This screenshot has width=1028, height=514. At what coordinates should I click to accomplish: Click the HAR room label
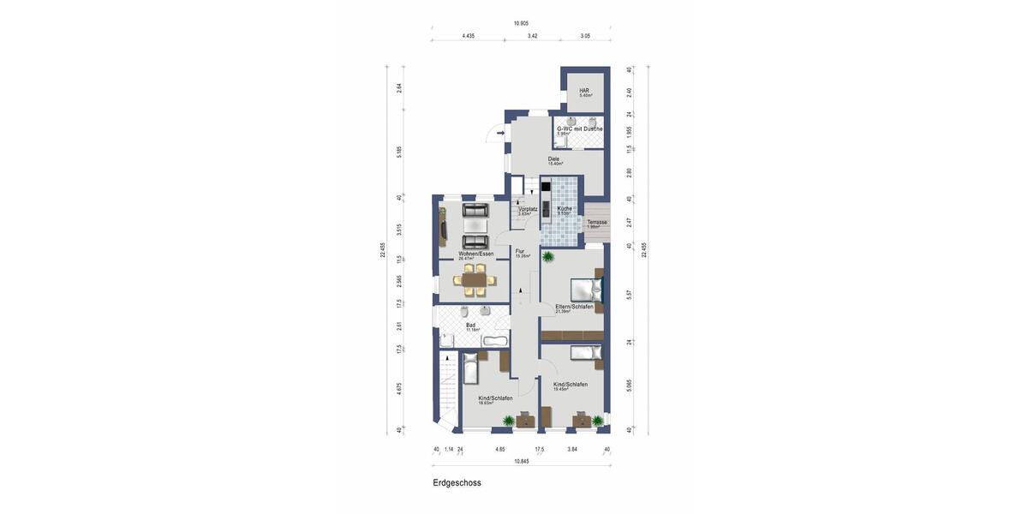(584, 90)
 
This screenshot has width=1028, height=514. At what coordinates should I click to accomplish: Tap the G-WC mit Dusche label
(580, 128)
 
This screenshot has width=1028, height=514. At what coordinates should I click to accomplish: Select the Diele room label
(553, 158)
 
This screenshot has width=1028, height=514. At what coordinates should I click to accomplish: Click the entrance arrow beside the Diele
(500, 133)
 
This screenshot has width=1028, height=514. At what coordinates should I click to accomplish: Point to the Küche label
(565, 208)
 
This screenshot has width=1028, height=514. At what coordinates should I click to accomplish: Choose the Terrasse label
(597, 222)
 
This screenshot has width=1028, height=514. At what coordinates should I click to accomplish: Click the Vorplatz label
(528, 208)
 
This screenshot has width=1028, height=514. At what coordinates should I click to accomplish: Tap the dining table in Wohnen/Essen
(474, 278)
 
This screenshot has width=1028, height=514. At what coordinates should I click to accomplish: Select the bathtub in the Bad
(494, 341)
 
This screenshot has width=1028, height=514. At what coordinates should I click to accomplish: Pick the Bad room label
(470, 325)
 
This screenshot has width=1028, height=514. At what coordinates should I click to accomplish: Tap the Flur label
(520, 251)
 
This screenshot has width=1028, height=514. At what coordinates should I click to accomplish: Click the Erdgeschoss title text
(457, 483)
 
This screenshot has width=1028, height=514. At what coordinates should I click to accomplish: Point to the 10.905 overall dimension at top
(521, 23)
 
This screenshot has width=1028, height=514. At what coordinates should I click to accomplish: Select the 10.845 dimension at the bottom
(521, 461)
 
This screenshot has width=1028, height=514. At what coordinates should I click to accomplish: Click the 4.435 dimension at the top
(468, 36)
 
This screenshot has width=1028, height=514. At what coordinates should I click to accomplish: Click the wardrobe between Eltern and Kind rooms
(572, 334)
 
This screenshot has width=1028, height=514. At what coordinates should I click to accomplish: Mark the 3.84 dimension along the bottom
(572, 449)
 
